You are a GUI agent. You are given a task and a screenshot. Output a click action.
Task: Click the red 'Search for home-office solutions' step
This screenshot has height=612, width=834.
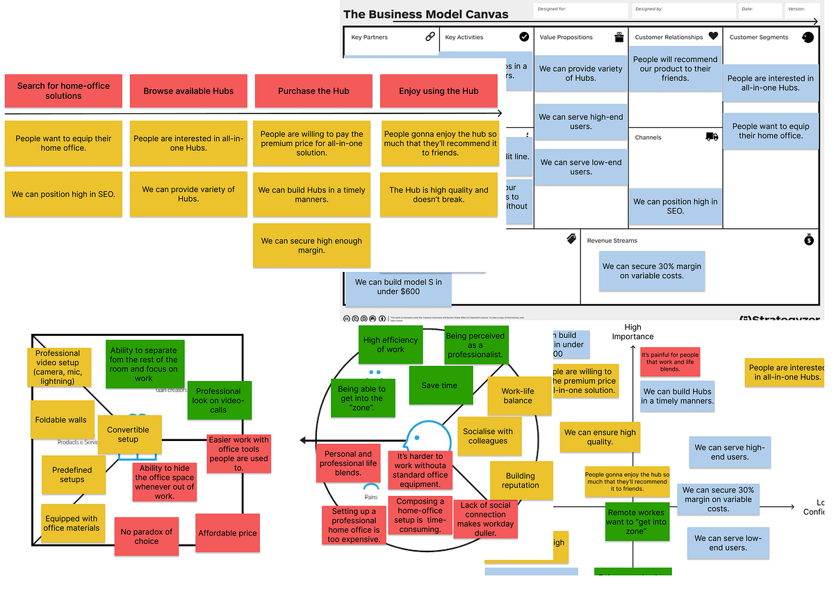(x=63, y=91)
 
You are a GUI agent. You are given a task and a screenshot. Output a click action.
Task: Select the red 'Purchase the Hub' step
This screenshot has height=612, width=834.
(x=313, y=91)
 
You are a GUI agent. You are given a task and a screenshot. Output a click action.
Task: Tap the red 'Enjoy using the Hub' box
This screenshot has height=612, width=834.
(x=439, y=91)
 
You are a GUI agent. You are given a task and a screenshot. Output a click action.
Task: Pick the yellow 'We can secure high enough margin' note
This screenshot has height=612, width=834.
(x=311, y=245)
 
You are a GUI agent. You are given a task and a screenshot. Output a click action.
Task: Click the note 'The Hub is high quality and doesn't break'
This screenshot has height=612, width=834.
(x=439, y=195)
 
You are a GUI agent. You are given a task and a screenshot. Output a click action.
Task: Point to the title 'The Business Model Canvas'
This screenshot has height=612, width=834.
(x=425, y=14)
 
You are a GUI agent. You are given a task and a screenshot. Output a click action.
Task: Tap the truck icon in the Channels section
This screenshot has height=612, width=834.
(x=712, y=137)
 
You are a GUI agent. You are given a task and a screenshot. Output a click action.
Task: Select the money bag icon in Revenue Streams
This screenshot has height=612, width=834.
(x=808, y=240)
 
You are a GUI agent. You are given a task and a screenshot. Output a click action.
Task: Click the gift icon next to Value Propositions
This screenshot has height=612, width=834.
(x=619, y=37)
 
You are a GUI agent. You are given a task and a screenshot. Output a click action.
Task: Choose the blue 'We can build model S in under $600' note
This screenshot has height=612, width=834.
(x=398, y=287)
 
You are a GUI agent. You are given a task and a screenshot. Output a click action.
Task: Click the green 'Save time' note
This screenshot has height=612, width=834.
(x=439, y=385)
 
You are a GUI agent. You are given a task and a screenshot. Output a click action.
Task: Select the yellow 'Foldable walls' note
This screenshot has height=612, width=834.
(x=61, y=420)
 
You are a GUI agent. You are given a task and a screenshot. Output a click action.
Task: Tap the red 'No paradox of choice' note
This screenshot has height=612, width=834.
(x=146, y=536)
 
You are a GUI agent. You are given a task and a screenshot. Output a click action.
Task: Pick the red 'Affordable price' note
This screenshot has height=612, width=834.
(x=227, y=533)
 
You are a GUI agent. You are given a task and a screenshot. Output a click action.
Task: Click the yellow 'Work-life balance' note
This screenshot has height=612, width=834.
(x=517, y=396)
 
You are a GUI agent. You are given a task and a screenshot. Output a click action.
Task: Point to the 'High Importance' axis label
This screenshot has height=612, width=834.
(x=632, y=332)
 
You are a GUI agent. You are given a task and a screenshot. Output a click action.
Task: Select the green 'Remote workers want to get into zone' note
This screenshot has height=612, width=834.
(x=635, y=522)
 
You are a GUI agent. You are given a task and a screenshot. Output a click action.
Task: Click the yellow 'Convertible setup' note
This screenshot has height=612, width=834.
(x=129, y=435)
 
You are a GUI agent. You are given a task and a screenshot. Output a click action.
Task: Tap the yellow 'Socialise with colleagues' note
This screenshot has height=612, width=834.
(x=488, y=436)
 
